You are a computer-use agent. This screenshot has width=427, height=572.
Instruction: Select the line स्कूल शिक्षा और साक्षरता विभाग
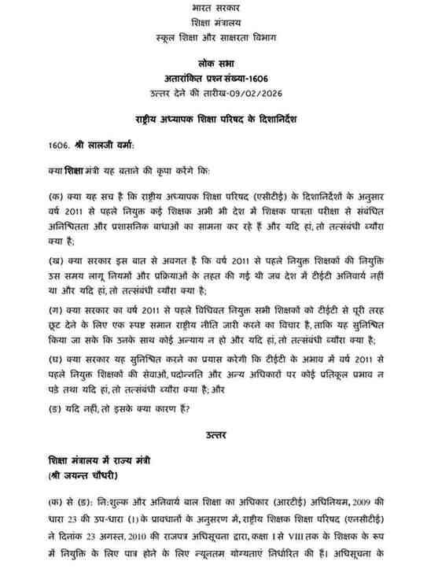212,37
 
